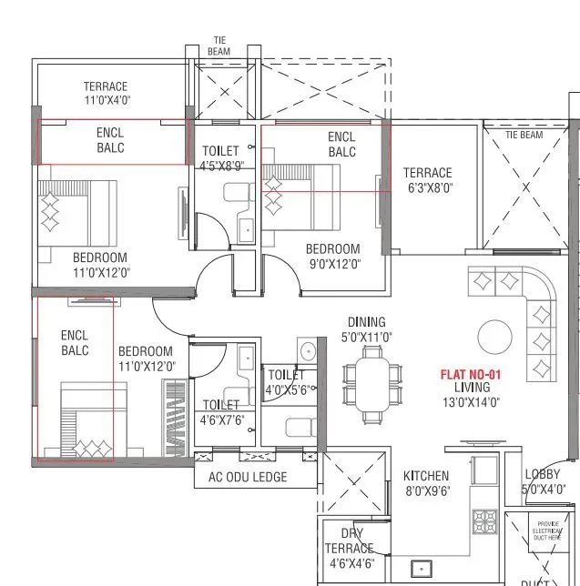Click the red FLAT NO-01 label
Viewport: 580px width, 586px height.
click(471, 374)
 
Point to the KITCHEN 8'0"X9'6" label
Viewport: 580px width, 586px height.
click(426, 482)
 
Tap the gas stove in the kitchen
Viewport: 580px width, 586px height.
click(483, 521)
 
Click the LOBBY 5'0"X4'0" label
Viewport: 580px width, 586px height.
click(544, 481)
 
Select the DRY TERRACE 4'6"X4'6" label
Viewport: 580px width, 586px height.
click(350, 549)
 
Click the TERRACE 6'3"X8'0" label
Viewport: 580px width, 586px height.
click(427, 180)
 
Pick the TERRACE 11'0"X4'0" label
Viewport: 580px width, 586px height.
click(106, 94)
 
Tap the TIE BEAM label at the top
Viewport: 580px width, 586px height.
click(219, 45)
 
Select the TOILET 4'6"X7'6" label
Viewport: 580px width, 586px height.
click(221, 412)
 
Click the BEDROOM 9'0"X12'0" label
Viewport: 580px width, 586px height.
click(332, 257)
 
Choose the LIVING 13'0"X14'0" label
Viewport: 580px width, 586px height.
click(471, 395)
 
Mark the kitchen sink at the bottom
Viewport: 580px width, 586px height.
click(421, 570)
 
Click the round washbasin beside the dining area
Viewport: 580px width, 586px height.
click(308, 349)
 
